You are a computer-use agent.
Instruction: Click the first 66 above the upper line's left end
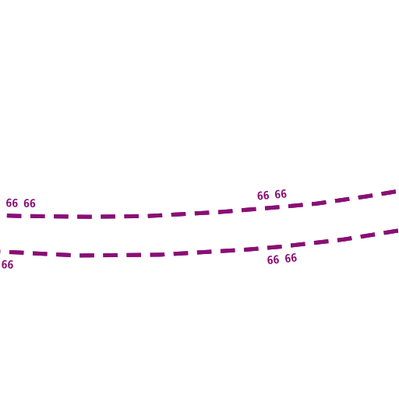click(x=12, y=203)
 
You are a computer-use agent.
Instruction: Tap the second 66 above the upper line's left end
click(x=30, y=203)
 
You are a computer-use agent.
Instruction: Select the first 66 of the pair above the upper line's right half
click(x=263, y=196)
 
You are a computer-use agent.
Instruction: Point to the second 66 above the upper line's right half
click(x=281, y=194)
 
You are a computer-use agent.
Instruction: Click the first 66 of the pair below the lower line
click(x=273, y=260)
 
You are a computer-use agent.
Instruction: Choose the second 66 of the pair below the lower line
click(x=291, y=258)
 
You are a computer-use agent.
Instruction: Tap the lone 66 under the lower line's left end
click(x=7, y=265)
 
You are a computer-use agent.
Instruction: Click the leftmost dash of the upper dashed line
click(x=14, y=216)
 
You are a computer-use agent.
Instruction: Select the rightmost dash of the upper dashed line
click(x=389, y=192)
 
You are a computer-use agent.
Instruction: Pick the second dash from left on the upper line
click(x=37, y=216)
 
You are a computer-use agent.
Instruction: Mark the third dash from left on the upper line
click(x=61, y=217)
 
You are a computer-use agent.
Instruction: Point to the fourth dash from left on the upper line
click(x=84, y=217)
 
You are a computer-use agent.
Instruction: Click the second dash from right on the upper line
click(x=365, y=196)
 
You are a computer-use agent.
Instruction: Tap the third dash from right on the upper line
click(x=342, y=200)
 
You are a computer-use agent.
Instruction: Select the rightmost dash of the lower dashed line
click(x=391, y=231)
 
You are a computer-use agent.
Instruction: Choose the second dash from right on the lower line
click(x=368, y=235)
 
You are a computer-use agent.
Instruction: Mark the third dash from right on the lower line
click(x=344, y=239)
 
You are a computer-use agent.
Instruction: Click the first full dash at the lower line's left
click(x=16, y=252)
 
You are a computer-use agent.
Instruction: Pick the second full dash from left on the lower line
click(x=40, y=253)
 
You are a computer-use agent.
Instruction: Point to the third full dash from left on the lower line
click(x=63, y=255)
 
